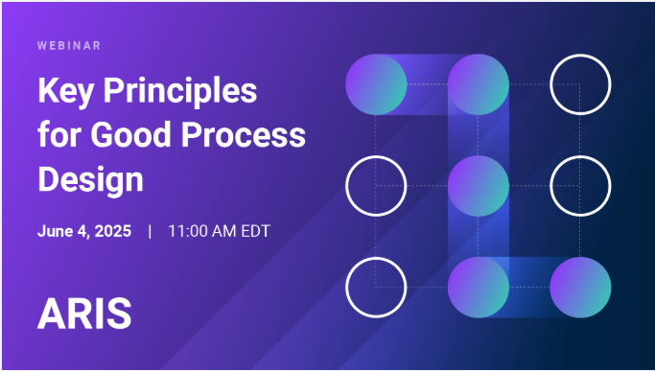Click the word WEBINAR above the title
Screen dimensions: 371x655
tap(69, 45)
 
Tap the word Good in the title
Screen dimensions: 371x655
tap(133, 135)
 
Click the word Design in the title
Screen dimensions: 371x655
tap(91, 178)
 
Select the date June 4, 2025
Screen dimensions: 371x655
tap(85, 231)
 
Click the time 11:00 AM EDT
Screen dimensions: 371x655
tap(225, 231)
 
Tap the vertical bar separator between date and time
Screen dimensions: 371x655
tap(150, 231)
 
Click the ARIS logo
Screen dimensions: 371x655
tap(84, 313)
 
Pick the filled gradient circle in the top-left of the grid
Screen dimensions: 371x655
tap(376, 83)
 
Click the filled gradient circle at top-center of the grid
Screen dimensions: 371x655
tap(478, 83)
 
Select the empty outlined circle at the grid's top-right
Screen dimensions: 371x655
tap(580, 83)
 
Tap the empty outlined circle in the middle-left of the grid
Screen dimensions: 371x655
tap(376, 185)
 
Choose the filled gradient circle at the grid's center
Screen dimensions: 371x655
tap(478, 185)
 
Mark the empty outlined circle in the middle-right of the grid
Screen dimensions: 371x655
tap(580, 185)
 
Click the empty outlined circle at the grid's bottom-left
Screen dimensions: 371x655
tap(376, 287)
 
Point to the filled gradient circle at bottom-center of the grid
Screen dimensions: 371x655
tap(478, 287)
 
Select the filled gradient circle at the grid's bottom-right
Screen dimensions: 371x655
tap(580, 287)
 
